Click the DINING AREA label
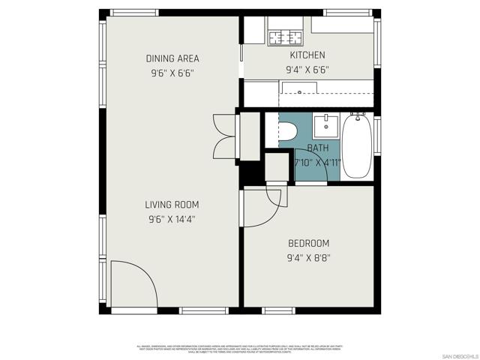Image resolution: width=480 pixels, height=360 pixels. [x=172, y=58]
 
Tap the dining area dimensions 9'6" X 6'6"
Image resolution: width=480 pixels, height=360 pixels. [x=172, y=73]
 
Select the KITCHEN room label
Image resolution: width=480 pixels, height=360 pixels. [x=307, y=55]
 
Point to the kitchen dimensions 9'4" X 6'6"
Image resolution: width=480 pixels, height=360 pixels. [x=307, y=70]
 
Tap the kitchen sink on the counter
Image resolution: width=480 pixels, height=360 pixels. [x=300, y=92]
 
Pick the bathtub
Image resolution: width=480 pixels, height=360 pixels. [x=357, y=145]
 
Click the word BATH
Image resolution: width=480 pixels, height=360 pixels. [x=318, y=148]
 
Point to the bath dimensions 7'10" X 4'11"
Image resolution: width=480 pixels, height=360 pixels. [x=317, y=162]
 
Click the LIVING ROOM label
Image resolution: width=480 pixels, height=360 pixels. [x=172, y=205]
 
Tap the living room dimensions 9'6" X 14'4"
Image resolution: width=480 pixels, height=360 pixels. [x=172, y=219]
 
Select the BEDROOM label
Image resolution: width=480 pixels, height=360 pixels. [x=308, y=243]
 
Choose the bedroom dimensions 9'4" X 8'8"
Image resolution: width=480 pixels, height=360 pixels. [x=308, y=257]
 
